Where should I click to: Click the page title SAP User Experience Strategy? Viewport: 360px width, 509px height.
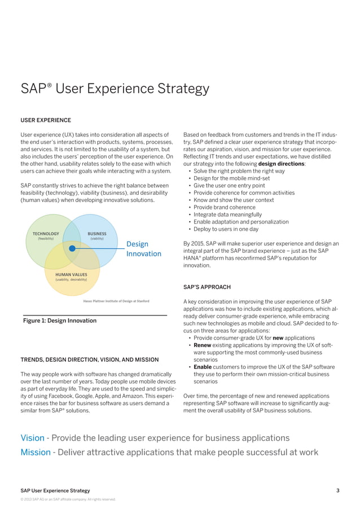click(115, 89)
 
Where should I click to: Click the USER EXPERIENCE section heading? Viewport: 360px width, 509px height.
click(46, 120)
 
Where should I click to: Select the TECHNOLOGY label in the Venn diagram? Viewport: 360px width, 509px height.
click(46, 234)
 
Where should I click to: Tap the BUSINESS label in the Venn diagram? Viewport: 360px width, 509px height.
click(97, 234)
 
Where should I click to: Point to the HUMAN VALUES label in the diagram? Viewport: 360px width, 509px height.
click(71, 274)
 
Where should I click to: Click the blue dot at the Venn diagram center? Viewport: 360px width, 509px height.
click(72, 248)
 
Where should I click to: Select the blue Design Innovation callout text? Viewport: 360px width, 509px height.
click(143, 249)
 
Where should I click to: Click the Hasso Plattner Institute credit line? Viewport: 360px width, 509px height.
click(116, 301)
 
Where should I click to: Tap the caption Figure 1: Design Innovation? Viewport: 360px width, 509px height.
click(59, 321)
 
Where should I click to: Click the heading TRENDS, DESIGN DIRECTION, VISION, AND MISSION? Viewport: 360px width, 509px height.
click(89, 359)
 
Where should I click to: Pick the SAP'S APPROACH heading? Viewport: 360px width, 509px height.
click(207, 287)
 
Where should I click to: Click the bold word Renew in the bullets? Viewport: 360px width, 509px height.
click(203, 345)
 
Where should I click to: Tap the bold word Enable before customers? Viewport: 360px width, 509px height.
click(204, 367)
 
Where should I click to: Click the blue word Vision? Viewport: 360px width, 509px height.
click(32, 438)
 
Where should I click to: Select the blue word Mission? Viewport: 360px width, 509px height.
click(35, 452)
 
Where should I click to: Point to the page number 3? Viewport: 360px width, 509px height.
click(338, 490)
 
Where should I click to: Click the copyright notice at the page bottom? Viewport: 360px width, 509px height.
click(68, 499)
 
